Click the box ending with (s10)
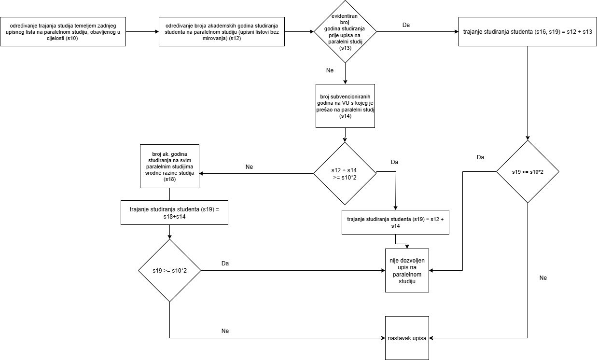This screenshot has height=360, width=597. (63, 32)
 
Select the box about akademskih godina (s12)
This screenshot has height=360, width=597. (222, 32)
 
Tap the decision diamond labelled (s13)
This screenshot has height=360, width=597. (345, 32)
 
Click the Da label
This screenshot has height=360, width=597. (406, 25)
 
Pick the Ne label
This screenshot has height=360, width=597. (330, 70)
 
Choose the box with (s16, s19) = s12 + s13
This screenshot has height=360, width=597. (528, 32)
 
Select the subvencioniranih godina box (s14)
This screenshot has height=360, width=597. (345, 107)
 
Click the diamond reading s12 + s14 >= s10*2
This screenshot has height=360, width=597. (345, 173)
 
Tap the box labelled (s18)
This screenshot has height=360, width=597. (169, 166)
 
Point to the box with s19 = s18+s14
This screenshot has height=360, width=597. (174, 213)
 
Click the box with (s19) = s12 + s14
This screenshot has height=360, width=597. (395, 222)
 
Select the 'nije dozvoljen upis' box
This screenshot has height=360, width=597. (407, 271)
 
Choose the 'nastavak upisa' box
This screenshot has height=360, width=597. (407, 338)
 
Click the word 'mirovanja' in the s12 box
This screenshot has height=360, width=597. (215, 38)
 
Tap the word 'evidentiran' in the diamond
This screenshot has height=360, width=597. (345, 16)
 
